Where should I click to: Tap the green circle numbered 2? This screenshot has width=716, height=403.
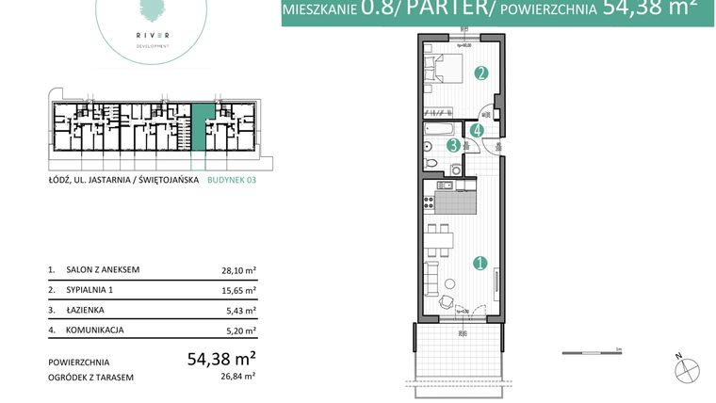(481, 73)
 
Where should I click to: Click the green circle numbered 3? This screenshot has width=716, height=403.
(453, 145)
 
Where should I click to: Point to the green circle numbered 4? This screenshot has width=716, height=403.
(478, 131)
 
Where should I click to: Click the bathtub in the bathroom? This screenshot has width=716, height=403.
(441, 129)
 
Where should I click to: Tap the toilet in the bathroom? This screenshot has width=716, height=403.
(431, 164)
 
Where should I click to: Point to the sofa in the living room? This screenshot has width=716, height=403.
(431, 276)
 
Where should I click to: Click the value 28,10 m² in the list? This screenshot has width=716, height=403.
(238, 269)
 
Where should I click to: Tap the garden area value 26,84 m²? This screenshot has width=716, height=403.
(240, 377)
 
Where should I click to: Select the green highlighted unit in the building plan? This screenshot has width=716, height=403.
(202, 127)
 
